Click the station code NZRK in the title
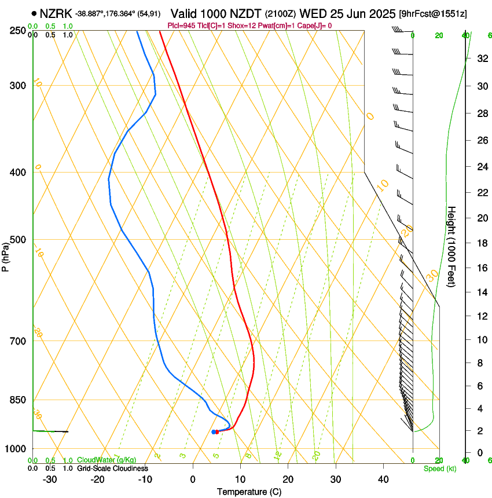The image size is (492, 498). point(56,13)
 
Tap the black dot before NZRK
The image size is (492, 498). point(34,13)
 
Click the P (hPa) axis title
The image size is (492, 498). point(5,254)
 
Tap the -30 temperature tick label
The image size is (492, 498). point(50,479)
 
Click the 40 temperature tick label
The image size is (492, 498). point(383,479)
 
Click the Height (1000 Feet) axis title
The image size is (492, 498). point(452,247)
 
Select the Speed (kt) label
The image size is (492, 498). point(439,468)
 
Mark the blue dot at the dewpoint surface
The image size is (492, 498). point(214,431)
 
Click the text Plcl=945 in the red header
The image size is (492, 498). point(181,25)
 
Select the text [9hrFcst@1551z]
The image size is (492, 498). point(433,13)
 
